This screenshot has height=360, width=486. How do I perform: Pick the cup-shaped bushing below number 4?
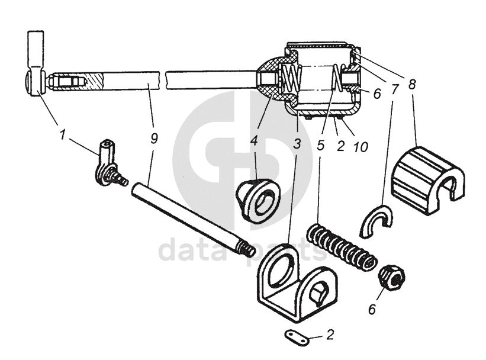click(x=258, y=200)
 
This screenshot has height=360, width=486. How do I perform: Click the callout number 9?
click(x=155, y=139)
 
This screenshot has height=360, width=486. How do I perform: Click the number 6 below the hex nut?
click(x=371, y=308)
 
